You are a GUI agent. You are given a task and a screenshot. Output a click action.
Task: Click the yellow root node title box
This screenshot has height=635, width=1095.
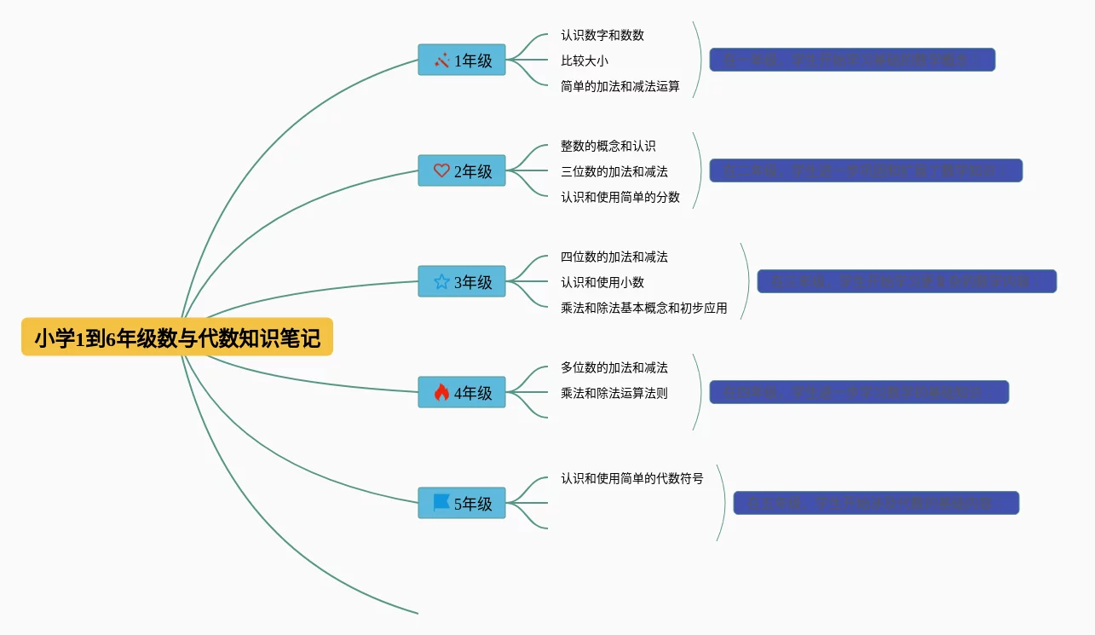point(177,338)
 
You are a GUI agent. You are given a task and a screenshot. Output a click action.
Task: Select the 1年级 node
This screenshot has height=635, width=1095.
point(462,61)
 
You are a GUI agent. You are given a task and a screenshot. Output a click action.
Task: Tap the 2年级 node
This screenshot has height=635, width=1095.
point(462,171)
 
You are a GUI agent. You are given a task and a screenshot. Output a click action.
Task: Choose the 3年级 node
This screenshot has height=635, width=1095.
point(462,282)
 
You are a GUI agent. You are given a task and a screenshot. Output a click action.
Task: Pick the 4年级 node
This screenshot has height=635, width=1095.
point(462,393)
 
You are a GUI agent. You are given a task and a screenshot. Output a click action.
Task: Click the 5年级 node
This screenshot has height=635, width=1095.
point(462,504)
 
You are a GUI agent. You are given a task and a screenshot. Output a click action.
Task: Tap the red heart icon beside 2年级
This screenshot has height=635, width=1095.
point(441,170)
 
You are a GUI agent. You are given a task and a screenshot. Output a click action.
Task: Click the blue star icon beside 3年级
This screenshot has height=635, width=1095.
point(441,281)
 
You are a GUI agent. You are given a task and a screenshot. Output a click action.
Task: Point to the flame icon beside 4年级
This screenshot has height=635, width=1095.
point(441,392)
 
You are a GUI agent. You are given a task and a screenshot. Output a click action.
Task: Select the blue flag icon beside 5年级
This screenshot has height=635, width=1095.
point(441,503)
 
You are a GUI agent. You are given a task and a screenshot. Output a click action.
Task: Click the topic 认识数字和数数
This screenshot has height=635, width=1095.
point(602,35)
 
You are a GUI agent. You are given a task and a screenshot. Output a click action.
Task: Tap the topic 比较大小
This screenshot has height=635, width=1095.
point(584,61)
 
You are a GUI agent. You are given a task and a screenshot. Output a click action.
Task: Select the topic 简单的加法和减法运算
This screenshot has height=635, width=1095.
point(620,86)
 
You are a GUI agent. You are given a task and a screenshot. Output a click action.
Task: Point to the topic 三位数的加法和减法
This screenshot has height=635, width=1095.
point(614,171)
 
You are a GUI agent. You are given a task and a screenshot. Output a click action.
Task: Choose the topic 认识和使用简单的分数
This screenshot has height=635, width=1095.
point(620,197)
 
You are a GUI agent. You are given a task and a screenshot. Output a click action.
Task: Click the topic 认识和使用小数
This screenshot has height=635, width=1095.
point(602,282)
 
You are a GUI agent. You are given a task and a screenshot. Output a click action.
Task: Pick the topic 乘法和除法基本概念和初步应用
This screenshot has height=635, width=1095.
point(643,308)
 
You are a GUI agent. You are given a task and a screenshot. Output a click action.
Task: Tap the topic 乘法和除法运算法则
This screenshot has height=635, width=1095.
point(614,393)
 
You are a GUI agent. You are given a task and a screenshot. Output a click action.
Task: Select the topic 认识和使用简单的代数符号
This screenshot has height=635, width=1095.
point(631,478)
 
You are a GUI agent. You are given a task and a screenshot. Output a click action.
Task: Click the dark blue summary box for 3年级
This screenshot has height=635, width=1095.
point(907,281)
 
